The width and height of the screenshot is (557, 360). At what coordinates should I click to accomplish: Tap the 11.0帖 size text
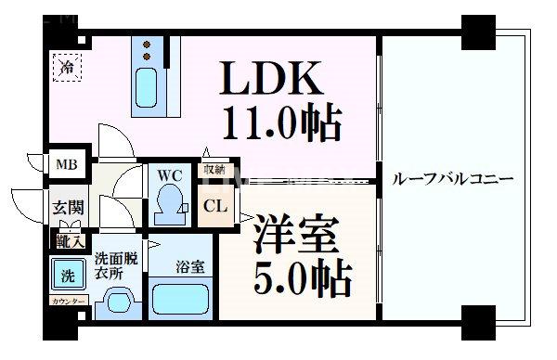tap(278, 122)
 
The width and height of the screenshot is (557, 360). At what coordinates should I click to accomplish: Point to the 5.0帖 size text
tap(299, 276)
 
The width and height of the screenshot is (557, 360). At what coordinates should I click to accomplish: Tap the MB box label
tap(68, 165)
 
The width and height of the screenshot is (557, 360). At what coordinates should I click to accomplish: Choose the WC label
tap(169, 174)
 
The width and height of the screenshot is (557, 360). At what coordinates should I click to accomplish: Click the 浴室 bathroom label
tap(187, 266)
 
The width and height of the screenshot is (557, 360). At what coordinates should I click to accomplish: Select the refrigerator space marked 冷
tap(66, 66)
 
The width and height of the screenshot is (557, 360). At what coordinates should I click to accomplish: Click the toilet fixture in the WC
tap(170, 201)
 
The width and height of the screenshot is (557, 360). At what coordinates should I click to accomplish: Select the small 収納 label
tap(213, 170)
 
